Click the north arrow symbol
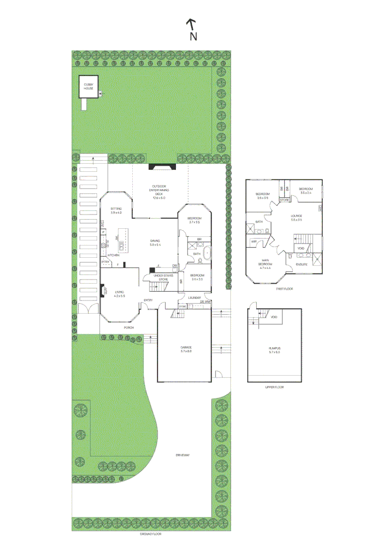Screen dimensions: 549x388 [191, 23]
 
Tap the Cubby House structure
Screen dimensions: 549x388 [88, 87]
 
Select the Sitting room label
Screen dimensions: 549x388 [116, 208]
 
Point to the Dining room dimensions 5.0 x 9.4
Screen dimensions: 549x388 [155, 245]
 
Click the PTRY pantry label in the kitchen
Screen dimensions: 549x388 [106, 262]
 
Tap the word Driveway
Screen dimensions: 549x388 [182, 455]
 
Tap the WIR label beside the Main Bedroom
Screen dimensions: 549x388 [253, 241]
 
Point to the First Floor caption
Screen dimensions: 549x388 [284, 289]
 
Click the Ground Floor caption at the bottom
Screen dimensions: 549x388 [151, 534]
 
